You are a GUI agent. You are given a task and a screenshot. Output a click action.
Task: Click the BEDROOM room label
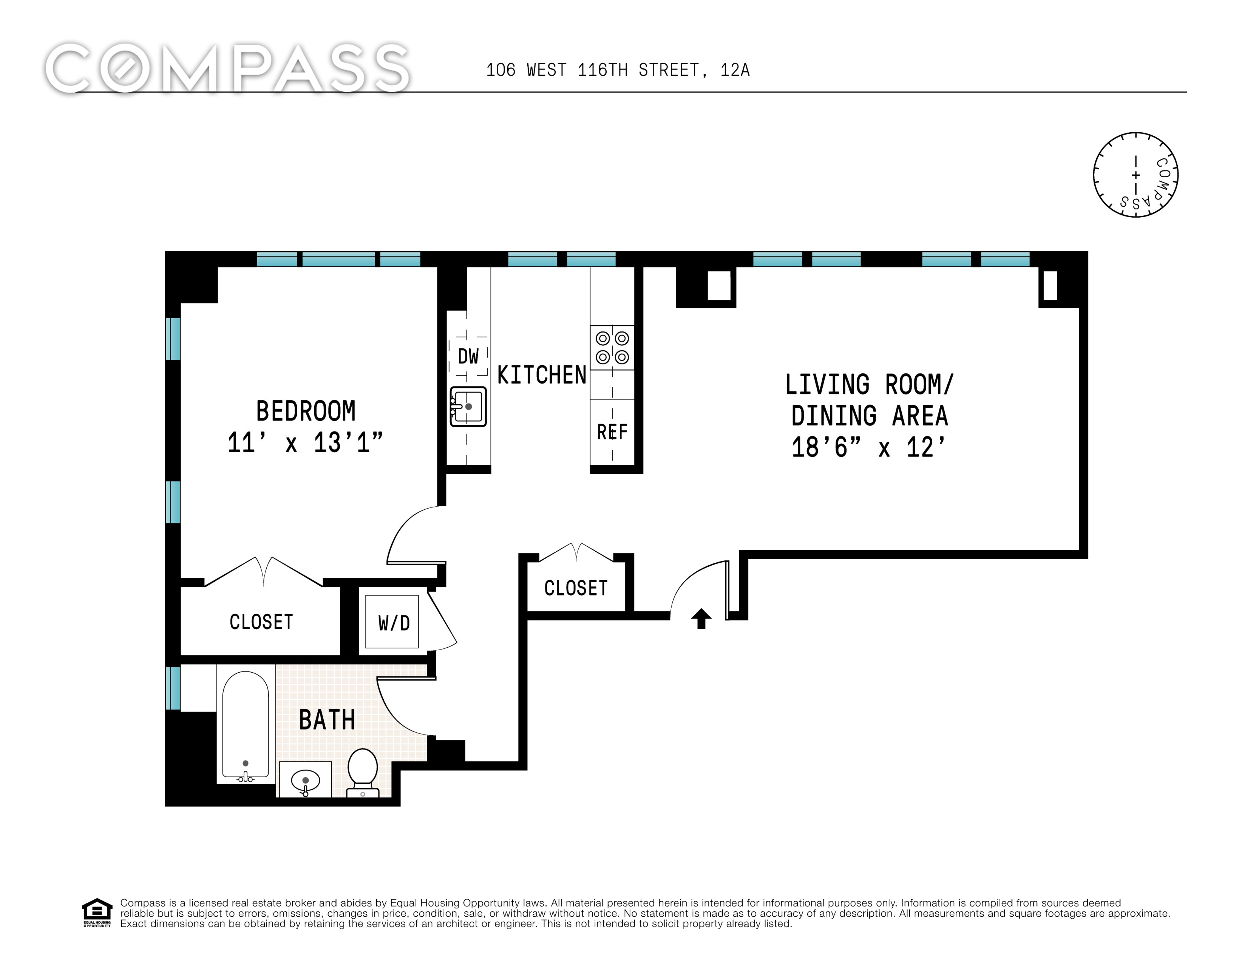point(306,411)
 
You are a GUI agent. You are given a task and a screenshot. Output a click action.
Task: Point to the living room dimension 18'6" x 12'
point(869,447)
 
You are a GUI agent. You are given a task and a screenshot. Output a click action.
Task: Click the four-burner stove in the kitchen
point(612,348)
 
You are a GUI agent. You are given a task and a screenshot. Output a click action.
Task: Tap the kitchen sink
point(468,407)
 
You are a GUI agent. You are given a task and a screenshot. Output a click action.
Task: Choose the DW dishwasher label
point(468,356)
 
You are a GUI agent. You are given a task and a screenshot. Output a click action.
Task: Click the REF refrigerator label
point(612,432)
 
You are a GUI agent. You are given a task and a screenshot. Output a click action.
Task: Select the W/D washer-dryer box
point(392,622)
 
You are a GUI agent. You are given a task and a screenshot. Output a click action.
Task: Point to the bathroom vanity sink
point(305,780)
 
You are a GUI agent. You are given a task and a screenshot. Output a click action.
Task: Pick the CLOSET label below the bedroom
point(261,622)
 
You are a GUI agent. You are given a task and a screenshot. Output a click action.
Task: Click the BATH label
point(327,720)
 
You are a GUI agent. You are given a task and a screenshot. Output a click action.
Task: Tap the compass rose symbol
point(1135,175)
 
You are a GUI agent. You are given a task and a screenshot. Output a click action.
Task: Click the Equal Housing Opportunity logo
point(97,913)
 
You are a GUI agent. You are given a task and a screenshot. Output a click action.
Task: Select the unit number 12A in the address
point(735,70)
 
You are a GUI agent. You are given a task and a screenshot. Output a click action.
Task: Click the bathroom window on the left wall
point(173,687)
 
